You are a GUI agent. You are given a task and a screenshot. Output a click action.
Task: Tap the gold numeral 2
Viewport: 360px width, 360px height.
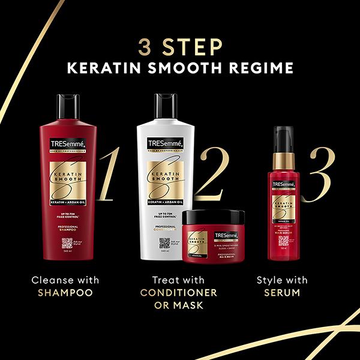click(x=217, y=173)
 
